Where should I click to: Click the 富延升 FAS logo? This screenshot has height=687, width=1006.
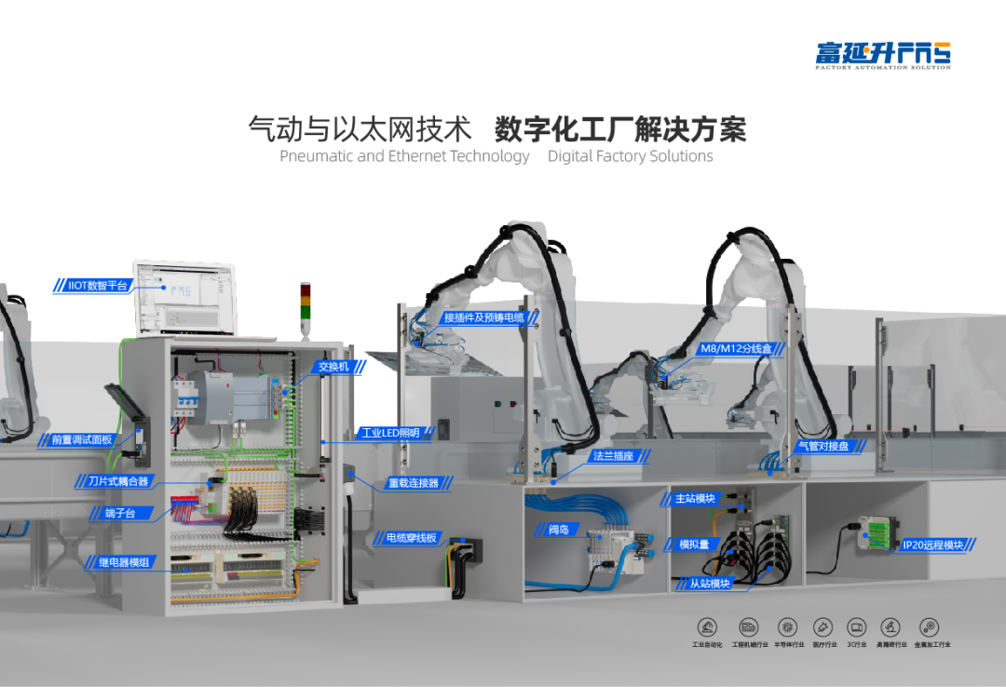tap(882, 54)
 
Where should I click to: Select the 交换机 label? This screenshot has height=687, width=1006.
tap(333, 366)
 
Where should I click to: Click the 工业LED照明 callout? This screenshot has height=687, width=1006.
tap(389, 433)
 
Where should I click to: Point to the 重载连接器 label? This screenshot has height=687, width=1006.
tap(413, 483)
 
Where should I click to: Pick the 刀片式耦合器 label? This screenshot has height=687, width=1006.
tap(117, 482)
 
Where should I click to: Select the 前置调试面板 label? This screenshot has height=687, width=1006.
tap(81, 439)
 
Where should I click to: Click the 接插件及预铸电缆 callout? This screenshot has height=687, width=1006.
tap(483, 317)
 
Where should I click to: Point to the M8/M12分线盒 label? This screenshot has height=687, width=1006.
tap(736, 349)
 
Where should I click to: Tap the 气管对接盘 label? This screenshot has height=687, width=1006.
tap(822, 446)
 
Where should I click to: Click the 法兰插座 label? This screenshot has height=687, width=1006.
tap(614, 456)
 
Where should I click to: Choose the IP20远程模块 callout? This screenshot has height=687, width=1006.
tap(932, 545)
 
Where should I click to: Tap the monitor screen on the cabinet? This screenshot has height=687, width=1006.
tap(185, 301)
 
